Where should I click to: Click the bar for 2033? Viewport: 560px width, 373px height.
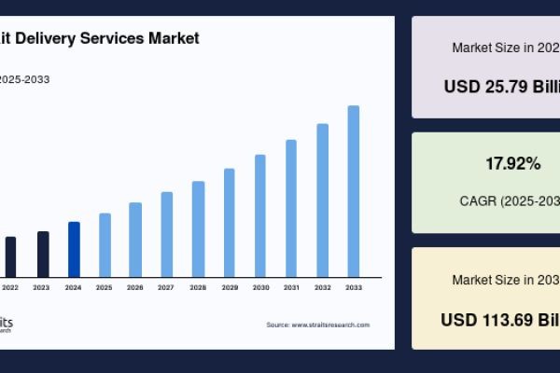tap(354, 191)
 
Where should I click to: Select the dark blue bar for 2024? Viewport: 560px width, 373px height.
tap(74, 249)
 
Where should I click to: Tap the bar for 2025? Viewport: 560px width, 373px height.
tap(105, 244)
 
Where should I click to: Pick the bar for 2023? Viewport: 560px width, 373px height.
tap(43, 254)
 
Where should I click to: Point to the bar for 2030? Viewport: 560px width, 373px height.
tap(260, 215)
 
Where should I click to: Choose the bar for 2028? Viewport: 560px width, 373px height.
tap(198, 228)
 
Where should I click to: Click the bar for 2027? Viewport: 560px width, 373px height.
tap(167, 234)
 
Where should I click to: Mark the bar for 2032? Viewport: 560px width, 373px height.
tap(323, 200)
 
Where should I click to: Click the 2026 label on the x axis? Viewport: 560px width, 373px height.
tap(135, 288)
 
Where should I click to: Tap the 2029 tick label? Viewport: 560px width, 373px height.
tap(229, 288)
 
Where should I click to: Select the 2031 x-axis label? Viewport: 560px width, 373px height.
tap(291, 288)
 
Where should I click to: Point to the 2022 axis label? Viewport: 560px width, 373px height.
tap(10, 288)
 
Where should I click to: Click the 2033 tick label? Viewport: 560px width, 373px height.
tap(354, 288)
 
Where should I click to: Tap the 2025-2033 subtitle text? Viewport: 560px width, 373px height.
tap(24, 79)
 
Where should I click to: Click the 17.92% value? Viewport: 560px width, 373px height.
tap(512, 164)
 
